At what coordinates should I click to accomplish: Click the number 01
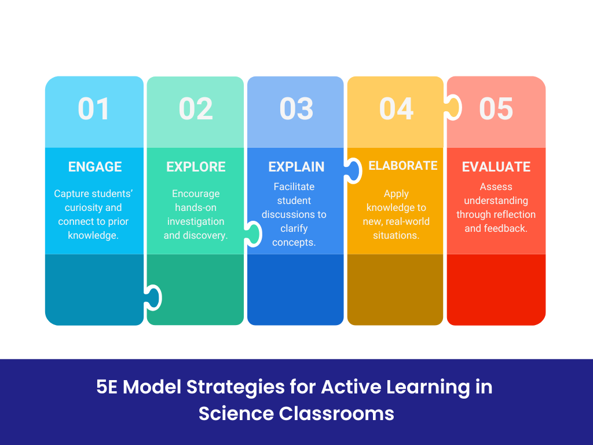click(94, 109)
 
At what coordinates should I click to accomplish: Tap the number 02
click(196, 109)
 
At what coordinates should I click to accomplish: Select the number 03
click(296, 109)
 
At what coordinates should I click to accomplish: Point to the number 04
click(397, 109)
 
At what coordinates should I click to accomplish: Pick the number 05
click(496, 109)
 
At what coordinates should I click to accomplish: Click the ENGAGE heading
click(95, 167)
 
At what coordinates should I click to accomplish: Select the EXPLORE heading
click(196, 167)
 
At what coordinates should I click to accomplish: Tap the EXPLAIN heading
click(296, 167)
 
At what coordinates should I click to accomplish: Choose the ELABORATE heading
click(403, 166)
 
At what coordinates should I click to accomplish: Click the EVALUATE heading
click(496, 167)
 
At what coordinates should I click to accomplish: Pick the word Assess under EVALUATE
click(496, 187)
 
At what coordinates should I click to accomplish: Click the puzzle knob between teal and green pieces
click(153, 297)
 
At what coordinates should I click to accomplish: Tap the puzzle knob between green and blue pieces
click(253, 234)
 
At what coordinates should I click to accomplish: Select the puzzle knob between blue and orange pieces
click(352, 171)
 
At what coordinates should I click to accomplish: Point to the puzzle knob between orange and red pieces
click(453, 108)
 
